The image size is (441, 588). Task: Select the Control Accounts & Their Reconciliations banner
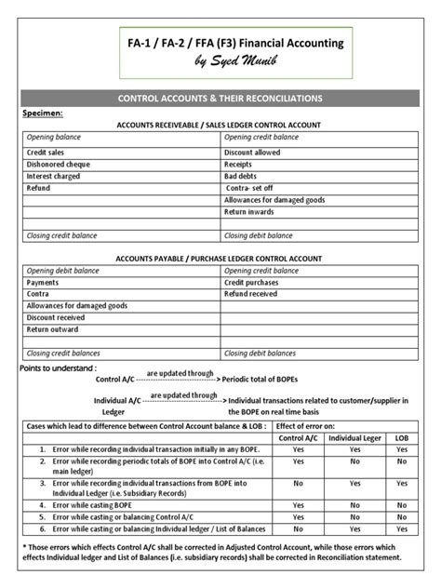point(220,98)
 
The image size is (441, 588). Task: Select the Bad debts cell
point(241,175)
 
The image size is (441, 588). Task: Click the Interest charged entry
point(53,175)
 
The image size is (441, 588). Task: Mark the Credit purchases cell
point(252,282)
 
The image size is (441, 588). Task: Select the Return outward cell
point(52,329)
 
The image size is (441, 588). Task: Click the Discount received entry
point(56,317)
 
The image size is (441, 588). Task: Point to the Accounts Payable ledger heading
point(219,258)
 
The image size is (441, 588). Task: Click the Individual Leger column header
point(354,437)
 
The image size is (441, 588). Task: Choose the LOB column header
point(401,437)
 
